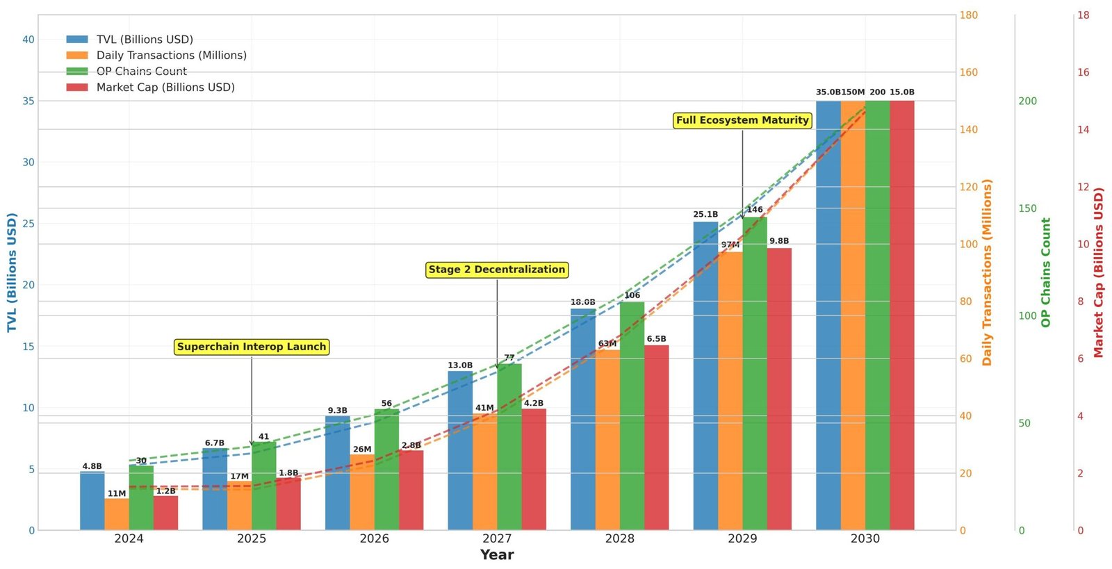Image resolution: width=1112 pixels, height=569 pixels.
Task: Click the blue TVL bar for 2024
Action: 92,501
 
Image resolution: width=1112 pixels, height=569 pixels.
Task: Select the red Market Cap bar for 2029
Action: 778,389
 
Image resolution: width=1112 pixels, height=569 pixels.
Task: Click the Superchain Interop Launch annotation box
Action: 251,347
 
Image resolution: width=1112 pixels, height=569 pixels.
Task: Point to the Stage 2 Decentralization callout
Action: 496,270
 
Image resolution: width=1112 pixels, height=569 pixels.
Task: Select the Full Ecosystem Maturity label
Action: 742,120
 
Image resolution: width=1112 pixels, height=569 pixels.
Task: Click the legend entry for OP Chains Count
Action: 141,72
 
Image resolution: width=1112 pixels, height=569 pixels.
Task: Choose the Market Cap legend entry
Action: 165,88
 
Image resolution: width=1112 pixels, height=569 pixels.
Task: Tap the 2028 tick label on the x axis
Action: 619,538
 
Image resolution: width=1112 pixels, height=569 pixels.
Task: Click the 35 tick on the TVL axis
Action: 28,101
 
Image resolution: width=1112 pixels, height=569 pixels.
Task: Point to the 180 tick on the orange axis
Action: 968,15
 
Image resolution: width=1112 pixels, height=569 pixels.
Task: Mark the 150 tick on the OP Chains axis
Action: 1027,208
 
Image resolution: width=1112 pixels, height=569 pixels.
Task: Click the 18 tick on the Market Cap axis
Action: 1083,15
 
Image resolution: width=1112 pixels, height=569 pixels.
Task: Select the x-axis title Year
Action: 496,555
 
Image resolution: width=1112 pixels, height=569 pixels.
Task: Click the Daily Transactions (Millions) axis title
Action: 987,272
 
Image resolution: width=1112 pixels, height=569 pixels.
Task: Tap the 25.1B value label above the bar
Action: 705,215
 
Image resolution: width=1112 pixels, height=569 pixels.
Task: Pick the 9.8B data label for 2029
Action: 778,241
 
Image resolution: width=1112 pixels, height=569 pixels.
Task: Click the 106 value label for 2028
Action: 632,295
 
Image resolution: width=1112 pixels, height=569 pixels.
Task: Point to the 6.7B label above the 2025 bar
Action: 214,443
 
